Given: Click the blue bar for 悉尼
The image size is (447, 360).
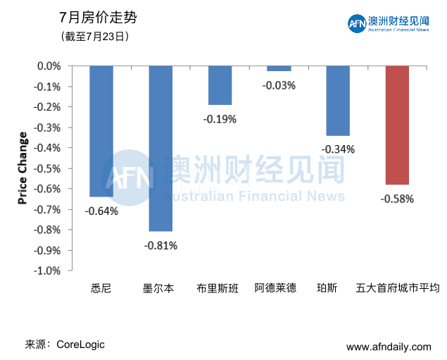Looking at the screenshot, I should pos(101,131).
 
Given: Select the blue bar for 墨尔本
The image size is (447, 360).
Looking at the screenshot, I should pos(160,148).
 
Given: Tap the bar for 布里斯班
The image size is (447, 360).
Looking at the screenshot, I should pos(220,85).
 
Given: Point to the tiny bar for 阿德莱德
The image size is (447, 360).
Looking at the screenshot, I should pos(279,68).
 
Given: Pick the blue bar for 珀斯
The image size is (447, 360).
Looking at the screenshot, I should pos(338,101).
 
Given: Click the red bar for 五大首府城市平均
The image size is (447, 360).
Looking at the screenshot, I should pos(397,125).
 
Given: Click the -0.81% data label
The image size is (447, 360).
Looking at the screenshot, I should pos(160,246).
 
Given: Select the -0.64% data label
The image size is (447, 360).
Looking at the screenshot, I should pos(101,211).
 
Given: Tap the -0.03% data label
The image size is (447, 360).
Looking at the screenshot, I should pos(279,85).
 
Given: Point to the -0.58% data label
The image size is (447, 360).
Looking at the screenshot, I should pos(397,199).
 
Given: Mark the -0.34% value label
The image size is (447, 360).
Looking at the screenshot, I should pos(338,149).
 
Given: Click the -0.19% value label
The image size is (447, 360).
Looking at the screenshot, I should pos(220,119).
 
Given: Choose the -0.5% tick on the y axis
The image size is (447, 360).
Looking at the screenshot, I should pos(49,168).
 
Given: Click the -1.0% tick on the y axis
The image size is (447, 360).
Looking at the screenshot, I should pos(49,271).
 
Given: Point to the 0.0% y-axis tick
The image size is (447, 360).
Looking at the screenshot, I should pos(50,66).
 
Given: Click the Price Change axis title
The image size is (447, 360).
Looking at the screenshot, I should pos(23,168).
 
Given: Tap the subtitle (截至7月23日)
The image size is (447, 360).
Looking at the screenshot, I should pos(94,35).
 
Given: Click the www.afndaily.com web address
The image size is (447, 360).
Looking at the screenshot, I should pos(389,347).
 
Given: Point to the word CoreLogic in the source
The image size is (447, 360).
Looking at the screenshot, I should pos(81,345).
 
